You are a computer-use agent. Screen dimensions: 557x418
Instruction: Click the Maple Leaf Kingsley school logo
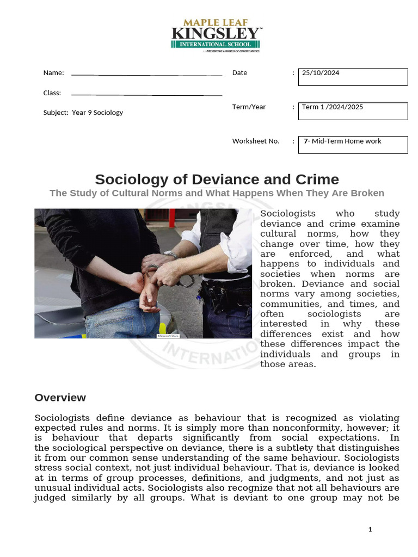point(216,35)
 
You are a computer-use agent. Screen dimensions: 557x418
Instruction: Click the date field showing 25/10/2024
point(353,77)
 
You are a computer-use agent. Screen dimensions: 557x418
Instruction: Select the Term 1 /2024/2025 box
point(353,110)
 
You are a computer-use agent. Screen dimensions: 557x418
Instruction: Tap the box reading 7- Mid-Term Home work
point(353,145)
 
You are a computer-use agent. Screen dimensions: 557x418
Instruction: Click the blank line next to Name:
point(146,75)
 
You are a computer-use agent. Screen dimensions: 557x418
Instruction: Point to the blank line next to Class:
point(146,95)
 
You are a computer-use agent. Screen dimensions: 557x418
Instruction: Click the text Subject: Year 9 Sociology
point(83,113)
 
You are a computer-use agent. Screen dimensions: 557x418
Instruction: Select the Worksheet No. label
point(256,141)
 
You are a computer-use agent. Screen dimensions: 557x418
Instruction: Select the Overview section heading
point(60,398)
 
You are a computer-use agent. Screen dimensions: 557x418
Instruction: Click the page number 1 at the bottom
point(370,529)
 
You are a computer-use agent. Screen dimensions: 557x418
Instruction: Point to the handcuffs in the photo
point(185,279)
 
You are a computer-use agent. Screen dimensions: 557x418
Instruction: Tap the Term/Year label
point(249,107)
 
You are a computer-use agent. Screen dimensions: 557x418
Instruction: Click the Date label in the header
point(239,72)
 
